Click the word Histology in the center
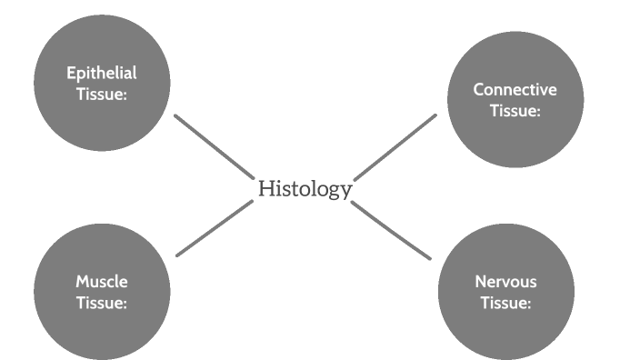[305, 189]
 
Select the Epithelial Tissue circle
[101, 82]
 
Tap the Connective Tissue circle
[515, 99]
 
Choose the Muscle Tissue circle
[101, 292]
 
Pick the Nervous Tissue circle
[506, 292]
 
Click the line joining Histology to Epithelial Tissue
[214, 145]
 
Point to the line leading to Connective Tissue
[395, 146]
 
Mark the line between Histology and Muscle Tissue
[215, 228]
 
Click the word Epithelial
[101, 72]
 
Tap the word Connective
[515, 90]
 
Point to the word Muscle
[101, 283]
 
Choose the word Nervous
[505, 283]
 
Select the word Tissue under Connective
[513, 110]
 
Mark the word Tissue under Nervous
[504, 303]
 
